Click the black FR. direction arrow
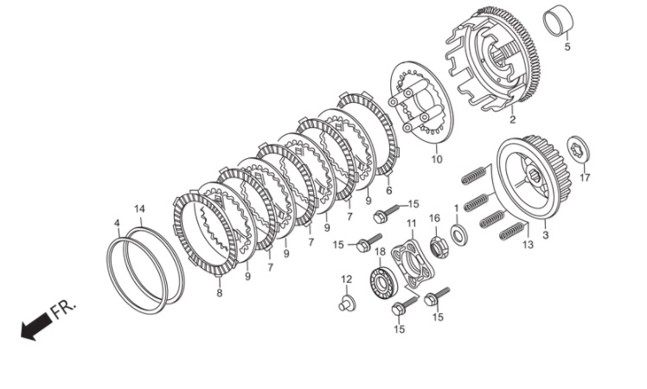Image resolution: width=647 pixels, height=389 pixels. pos(36,325)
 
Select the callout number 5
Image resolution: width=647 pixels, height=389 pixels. pos(567,47)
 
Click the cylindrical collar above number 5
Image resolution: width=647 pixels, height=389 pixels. pos(559,21)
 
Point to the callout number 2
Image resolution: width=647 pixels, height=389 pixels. pos(512,119)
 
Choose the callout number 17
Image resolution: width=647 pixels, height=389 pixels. pos(585,178)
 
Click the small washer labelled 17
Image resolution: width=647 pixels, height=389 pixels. pos(579,149)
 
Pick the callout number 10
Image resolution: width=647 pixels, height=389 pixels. pos(437,159)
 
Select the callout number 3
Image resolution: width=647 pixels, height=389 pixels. pos(546,235)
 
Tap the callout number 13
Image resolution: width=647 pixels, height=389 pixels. pos(528,245)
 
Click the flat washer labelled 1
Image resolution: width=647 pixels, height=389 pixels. pos(458,234)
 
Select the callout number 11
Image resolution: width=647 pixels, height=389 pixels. pos(411,223)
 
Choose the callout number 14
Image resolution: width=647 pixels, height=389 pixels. pos(140,208)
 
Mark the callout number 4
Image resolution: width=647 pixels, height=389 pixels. pos(117,224)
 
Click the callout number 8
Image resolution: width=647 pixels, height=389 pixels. pos(220,293)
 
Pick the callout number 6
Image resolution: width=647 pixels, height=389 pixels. pos(388,190)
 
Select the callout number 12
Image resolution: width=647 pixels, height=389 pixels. pos(347,279)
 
